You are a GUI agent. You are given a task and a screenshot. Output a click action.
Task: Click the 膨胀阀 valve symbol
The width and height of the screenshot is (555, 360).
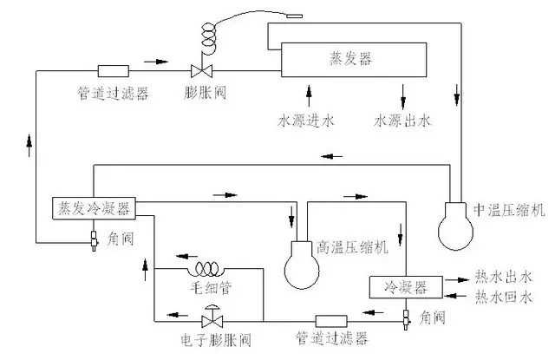pyautogui.click(x=202, y=71)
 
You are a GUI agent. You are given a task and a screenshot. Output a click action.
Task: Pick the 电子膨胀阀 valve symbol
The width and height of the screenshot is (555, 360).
pyautogui.click(x=212, y=321)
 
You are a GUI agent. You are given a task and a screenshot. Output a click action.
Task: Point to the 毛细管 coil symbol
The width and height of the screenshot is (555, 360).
pyautogui.click(x=207, y=270)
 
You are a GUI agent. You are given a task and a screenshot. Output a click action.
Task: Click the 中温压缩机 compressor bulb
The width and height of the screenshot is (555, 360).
pyautogui.click(x=455, y=226)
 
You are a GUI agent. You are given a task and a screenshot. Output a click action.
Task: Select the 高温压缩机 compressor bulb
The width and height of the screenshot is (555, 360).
pyautogui.click(x=302, y=265)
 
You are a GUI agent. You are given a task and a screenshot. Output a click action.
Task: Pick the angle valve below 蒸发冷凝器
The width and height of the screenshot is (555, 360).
pyautogui.click(x=94, y=240)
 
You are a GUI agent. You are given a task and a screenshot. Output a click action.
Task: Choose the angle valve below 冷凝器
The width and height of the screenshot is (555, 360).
pyautogui.click(x=406, y=319)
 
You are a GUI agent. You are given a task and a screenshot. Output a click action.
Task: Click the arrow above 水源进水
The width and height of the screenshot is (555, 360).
pyautogui.click(x=309, y=96)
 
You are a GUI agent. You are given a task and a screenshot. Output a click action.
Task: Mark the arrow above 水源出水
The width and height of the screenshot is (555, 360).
pyautogui.click(x=402, y=96)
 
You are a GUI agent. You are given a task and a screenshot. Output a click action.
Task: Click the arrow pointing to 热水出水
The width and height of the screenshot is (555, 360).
pyautogui.click(x=457, y=280)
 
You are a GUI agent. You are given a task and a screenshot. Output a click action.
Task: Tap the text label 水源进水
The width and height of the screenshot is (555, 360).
pyautogui.click(x=306, y=121)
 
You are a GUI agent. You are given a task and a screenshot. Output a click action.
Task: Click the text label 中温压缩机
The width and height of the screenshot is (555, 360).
pyautogui.click(x=509, y=210)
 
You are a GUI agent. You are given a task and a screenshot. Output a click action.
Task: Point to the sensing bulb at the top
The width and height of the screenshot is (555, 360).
pyautogui.click(x=295, y=16)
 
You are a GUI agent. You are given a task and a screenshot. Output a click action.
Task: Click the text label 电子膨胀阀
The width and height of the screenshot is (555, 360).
pyautogui.click(x=216, y=340)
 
